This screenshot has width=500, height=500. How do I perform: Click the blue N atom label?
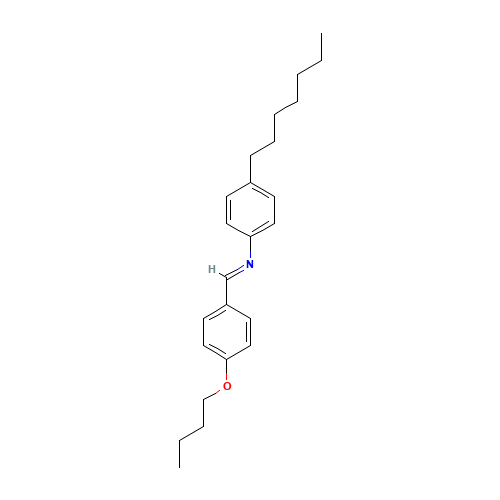pos(250,264)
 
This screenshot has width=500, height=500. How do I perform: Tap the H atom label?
pos(212,269)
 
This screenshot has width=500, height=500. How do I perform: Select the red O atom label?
pos(227,386)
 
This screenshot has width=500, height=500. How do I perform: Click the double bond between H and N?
pos(231,268)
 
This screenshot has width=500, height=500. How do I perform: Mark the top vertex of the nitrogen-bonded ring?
pos(250,181)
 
